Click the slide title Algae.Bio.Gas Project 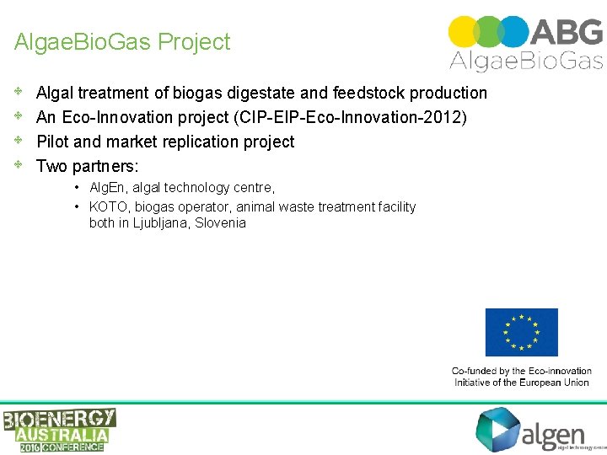click(122, 42)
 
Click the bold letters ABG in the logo click(566, 31)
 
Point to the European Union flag click(521, 333)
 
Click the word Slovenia click(221, 223)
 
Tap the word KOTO click(109, 206)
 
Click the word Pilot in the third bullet click(53, 142)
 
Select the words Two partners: click(88, 166)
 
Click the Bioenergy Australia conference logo click(59, 430)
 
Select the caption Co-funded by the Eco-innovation click(521, 371)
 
